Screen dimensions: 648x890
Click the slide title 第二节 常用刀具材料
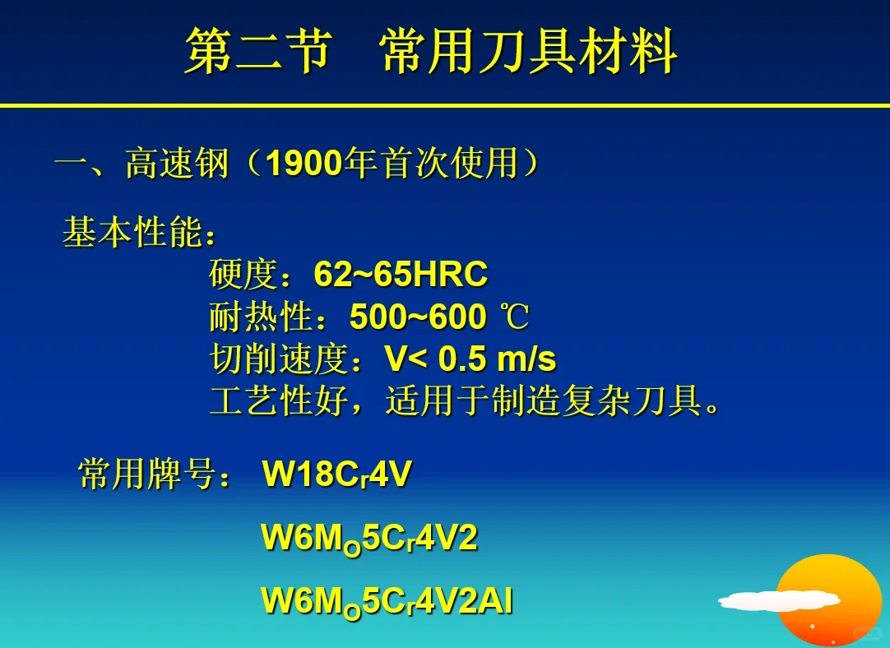pyautogui.click(x=430, y=51)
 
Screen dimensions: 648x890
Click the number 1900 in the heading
pyautogui.click(x=304, y=164)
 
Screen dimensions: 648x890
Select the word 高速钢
pyautogui.click(x=177, y=164)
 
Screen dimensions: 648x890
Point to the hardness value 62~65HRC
pyautogui.click(x=401, y=275)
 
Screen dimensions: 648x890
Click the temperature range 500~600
pyautogui.click(x=417, y=317)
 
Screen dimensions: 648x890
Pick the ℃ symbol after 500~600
pyautogui.click(x=515, y=317)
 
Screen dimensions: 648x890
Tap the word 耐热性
pyautogui.click(x=262, y=317)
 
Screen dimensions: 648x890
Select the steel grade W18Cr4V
pyautogui.click(x=336, y=474)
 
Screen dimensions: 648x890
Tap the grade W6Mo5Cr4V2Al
pyautogui.click(x=387, y=601)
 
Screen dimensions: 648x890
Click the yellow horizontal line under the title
pyautogui.click(x=444, y=106)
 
